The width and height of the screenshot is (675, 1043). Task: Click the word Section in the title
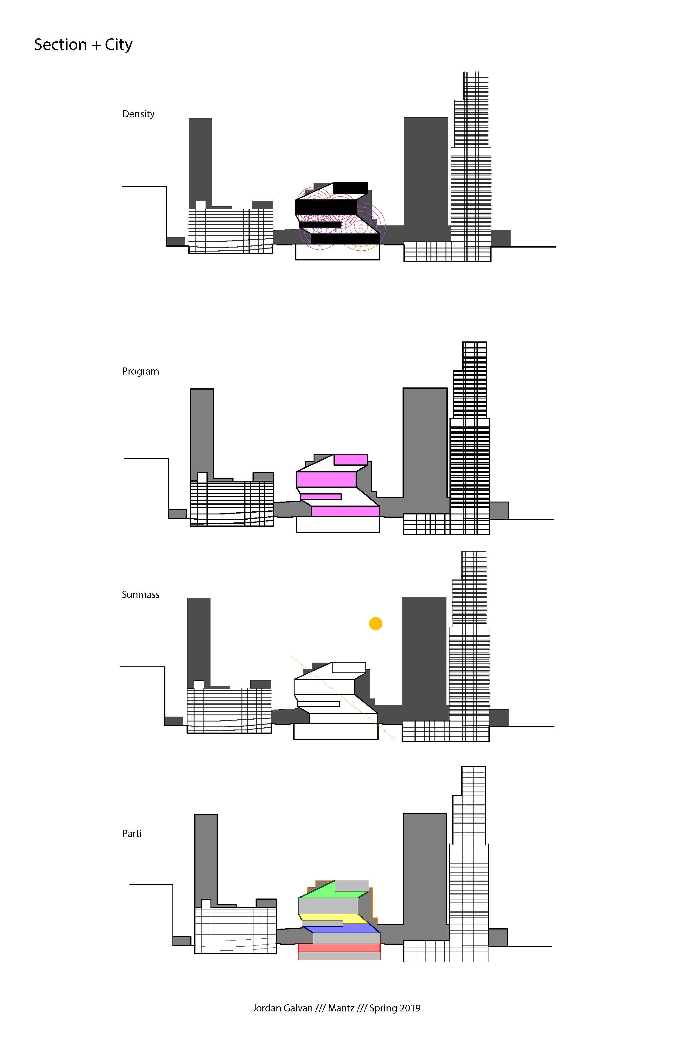click(x=60, y=45)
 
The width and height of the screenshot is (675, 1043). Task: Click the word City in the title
click(x=118, y=45)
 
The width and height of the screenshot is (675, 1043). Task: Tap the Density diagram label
click(x=138, y=114)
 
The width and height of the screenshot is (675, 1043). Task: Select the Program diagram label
click(x=140, y=371)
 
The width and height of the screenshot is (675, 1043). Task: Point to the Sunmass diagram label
click(x=140, y=595)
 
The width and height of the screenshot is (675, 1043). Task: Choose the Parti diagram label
click(x=132, y=833)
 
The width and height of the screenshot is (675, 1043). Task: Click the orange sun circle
click(x=376, y=624)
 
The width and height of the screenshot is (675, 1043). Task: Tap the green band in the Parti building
click(x=324, y=890)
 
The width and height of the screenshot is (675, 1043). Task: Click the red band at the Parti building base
click(x=339, y=948)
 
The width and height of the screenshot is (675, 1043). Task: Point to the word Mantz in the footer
click(x=341, y=1008)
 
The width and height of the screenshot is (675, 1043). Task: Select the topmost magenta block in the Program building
click(x=351, y=459)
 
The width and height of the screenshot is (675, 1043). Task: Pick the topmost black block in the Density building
click(x=351, y=187)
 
